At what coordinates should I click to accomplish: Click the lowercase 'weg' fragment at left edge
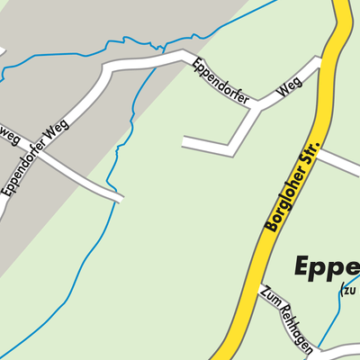coord(9,135)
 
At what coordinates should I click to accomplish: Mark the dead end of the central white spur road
coord(184,142)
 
